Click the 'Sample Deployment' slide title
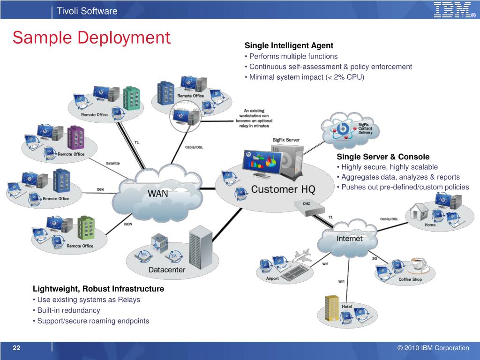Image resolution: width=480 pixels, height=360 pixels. [91, 37]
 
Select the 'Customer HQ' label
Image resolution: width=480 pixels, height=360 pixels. [283, 189]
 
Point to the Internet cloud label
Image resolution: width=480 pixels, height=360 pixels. [350, 239]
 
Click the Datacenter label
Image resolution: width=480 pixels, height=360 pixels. [167, 270]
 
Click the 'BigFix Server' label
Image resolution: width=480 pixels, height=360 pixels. [286, 140]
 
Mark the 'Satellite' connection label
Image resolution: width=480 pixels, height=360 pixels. [112, 163]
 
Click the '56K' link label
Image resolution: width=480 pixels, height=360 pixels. [100, 189]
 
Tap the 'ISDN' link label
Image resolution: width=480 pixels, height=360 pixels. [128, 224]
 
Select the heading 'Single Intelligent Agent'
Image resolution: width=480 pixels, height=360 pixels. [289, 45]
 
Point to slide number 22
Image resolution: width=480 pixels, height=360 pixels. [17, 348]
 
